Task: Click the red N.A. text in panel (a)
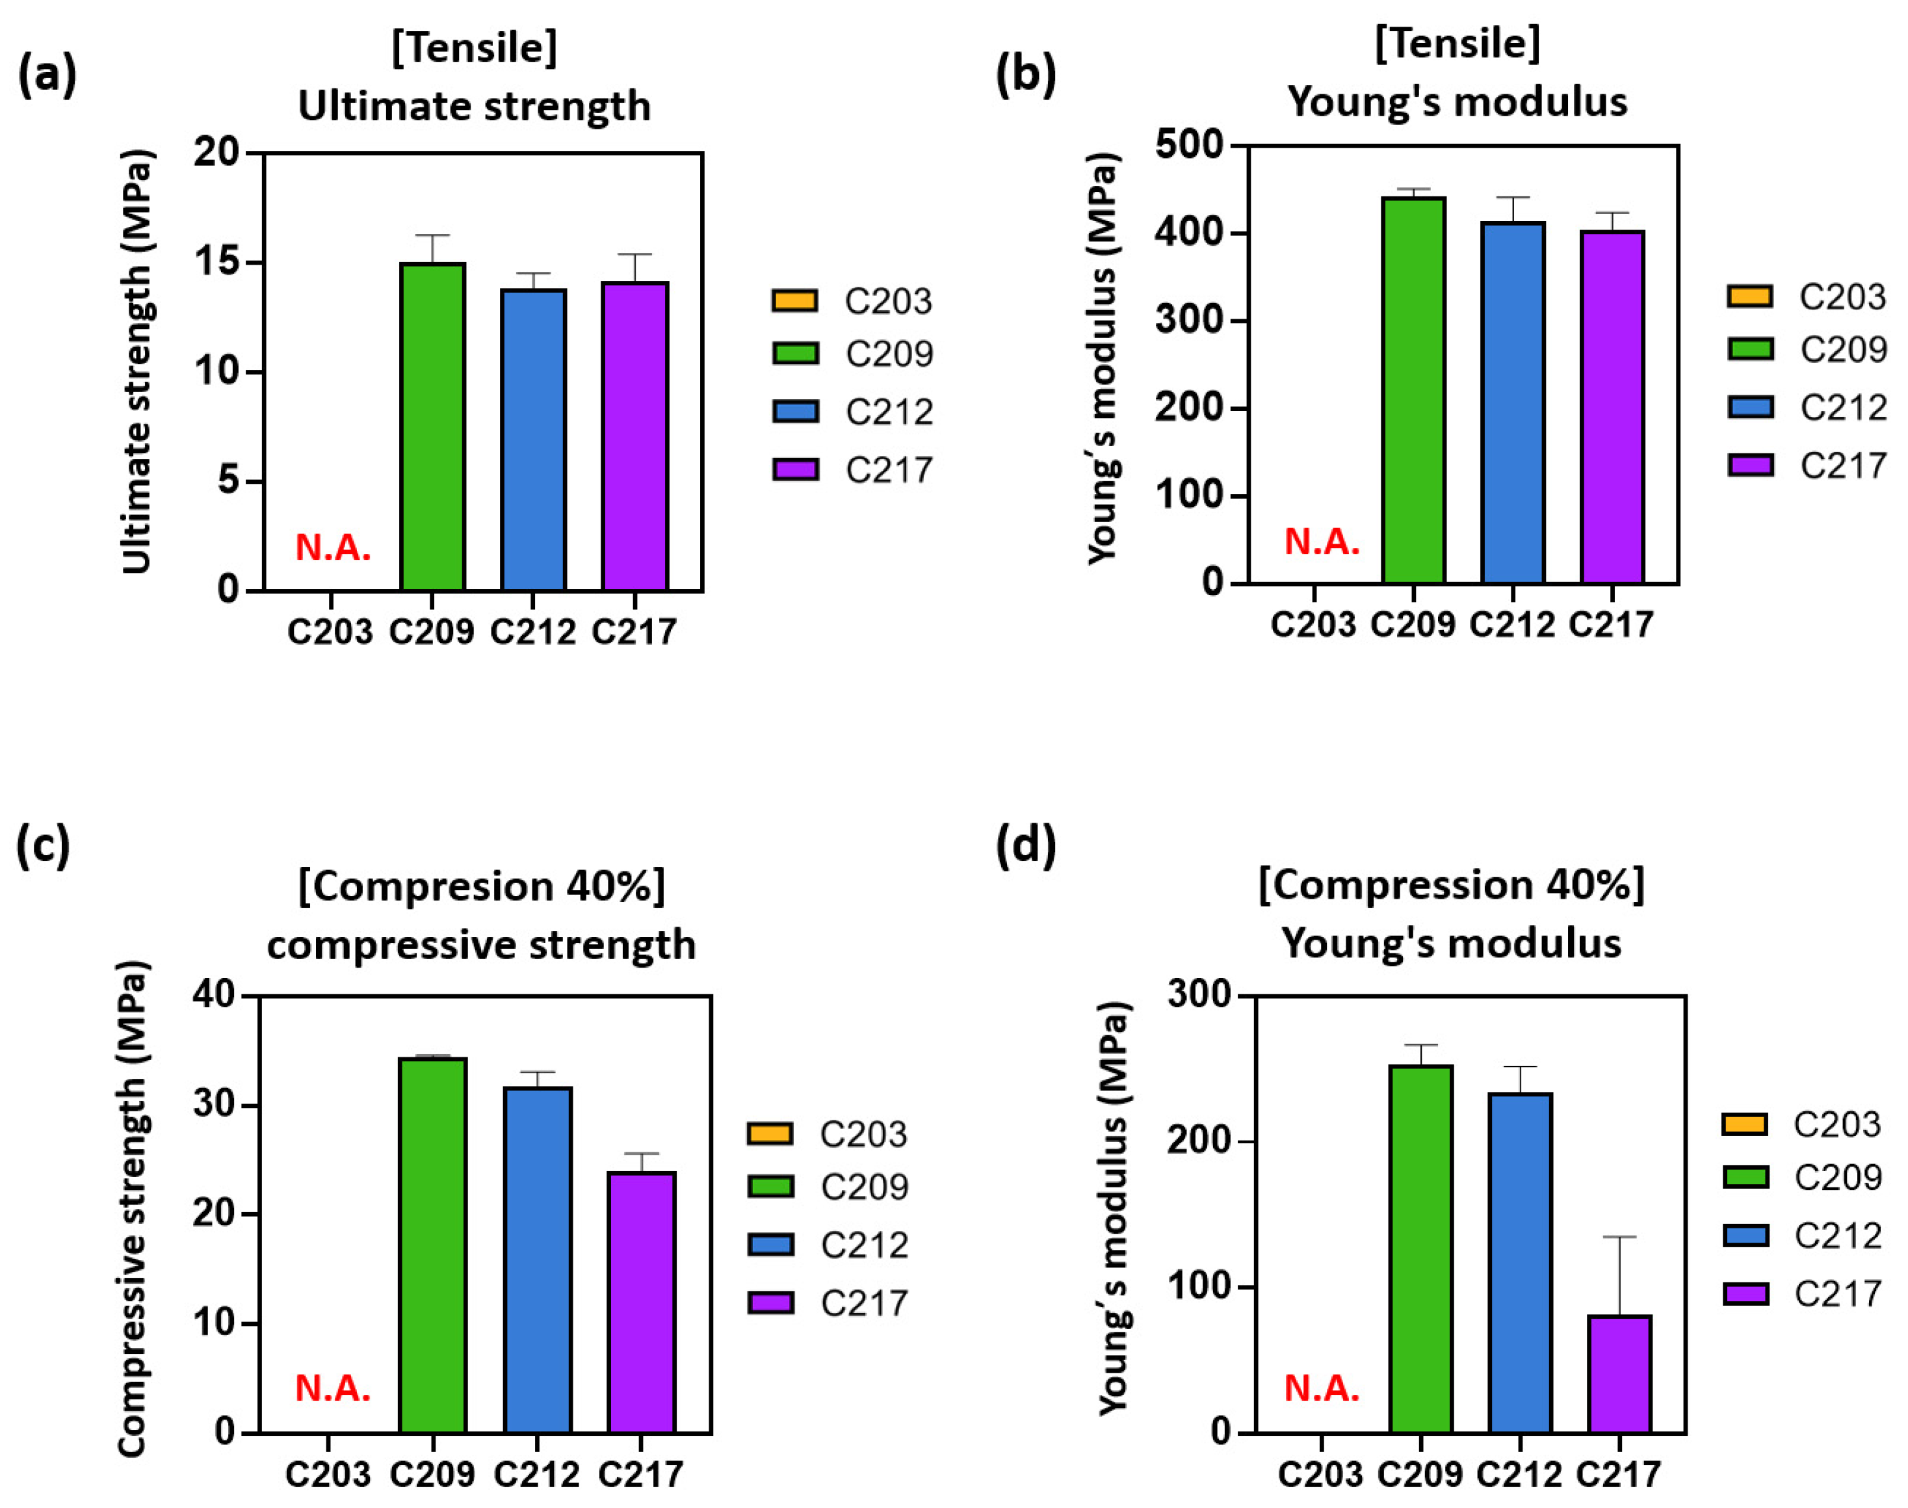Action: (x=333, y=548)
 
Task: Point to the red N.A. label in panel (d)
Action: (x=1321, y=1389)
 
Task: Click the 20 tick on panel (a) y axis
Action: (x=217, y=153)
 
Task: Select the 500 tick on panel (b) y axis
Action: (x=1190, y=145)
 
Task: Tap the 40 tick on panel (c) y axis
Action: (x=215, y=996)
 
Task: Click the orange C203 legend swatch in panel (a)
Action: (x=794, y=301)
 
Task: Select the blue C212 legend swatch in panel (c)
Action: (x=770, y=1245)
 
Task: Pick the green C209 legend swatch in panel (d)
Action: (x=1745, y=1177)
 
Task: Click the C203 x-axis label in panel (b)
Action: (x=1313, y=625)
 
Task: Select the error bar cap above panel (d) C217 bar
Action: (x=1619, y=1237)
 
